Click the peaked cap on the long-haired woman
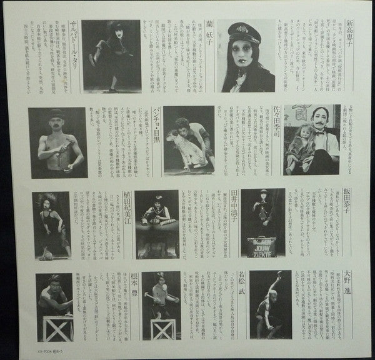[x=243, y=31]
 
